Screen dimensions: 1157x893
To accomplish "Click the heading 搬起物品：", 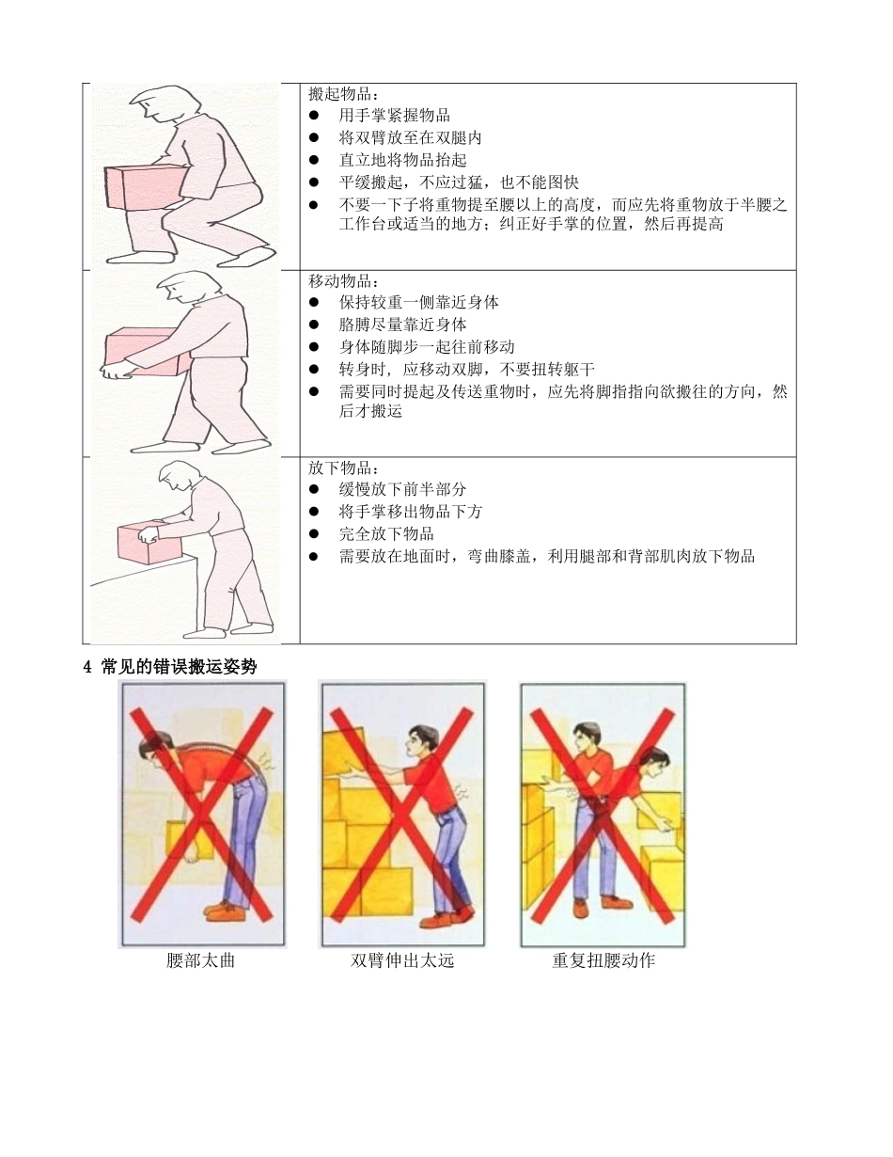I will (344, 94).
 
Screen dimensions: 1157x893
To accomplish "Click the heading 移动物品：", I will (344, 280).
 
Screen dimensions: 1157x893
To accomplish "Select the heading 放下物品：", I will (344, 468).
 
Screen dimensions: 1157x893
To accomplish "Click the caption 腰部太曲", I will (200, 961).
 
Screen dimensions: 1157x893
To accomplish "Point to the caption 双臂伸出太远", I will (402, 961).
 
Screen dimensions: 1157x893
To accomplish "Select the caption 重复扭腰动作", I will (603, 961).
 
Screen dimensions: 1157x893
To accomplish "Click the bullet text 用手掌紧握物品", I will (394, 116).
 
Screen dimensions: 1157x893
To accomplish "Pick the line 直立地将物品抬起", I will (402, 160).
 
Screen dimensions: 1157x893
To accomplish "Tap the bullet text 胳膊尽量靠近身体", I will (402, 325).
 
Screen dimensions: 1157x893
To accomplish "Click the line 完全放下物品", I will (386, 534).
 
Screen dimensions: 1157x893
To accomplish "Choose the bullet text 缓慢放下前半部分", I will (402, 489).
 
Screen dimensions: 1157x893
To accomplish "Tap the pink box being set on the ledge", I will (146, 543).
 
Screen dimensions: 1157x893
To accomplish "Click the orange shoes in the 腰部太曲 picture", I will (230, 912).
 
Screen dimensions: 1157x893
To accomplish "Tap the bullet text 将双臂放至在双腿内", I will (410, 137).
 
